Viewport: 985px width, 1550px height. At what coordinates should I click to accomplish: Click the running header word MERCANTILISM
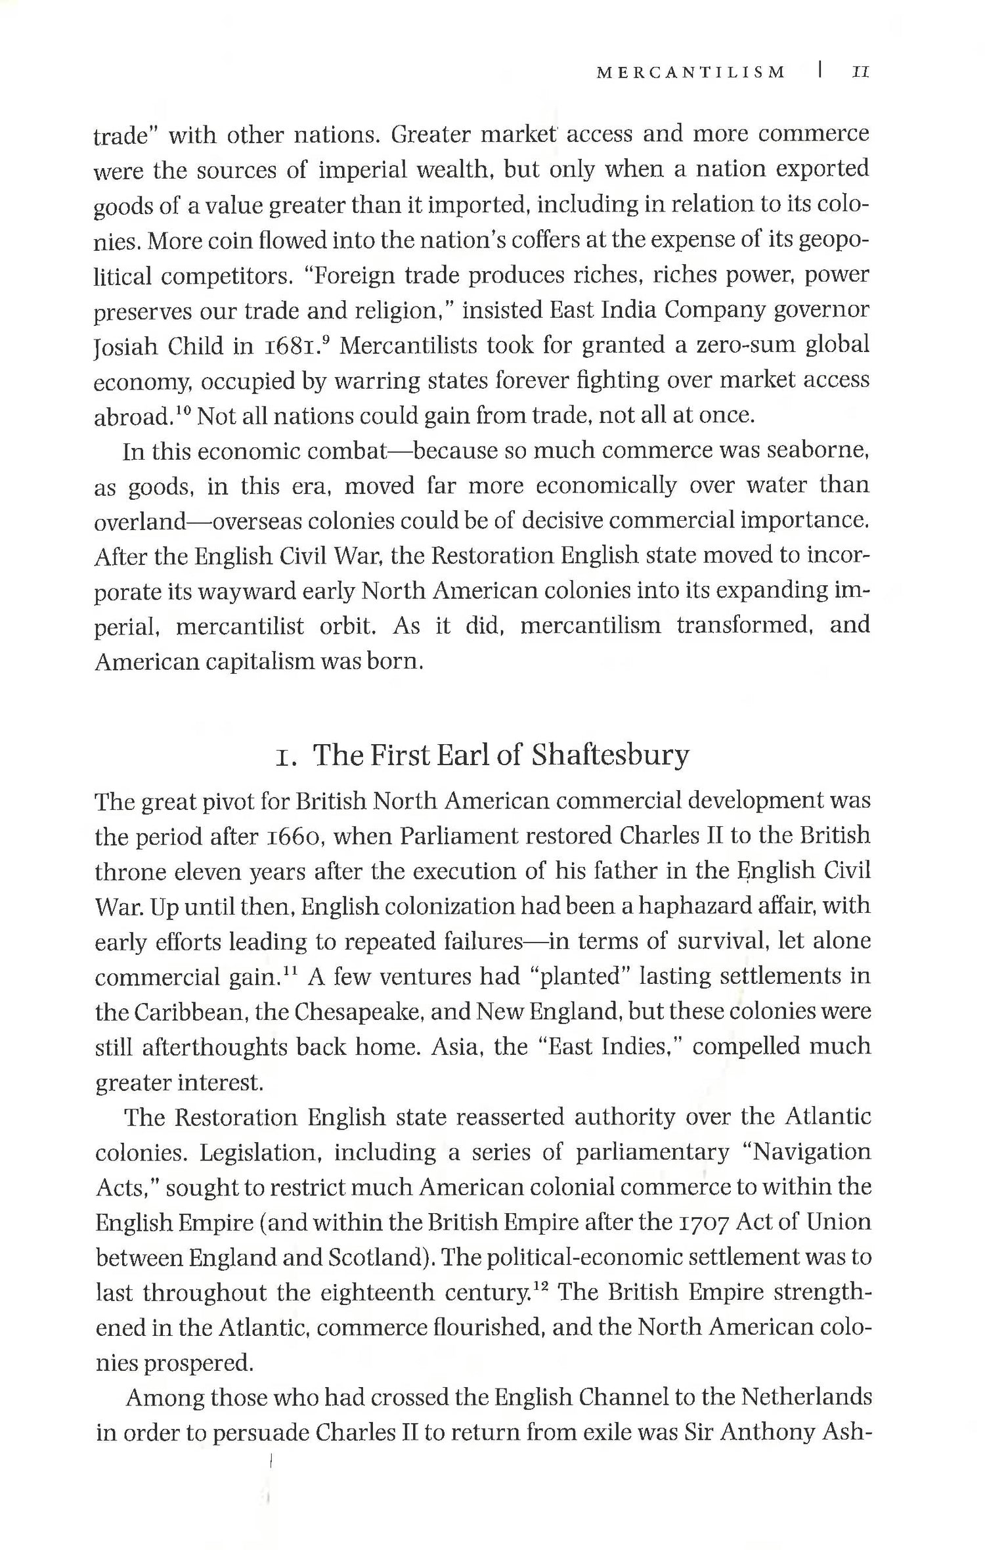tap(690, 73)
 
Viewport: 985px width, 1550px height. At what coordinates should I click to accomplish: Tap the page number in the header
tap(860, 73)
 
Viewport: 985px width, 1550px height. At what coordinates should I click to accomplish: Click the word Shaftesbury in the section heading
tap(610, 755)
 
